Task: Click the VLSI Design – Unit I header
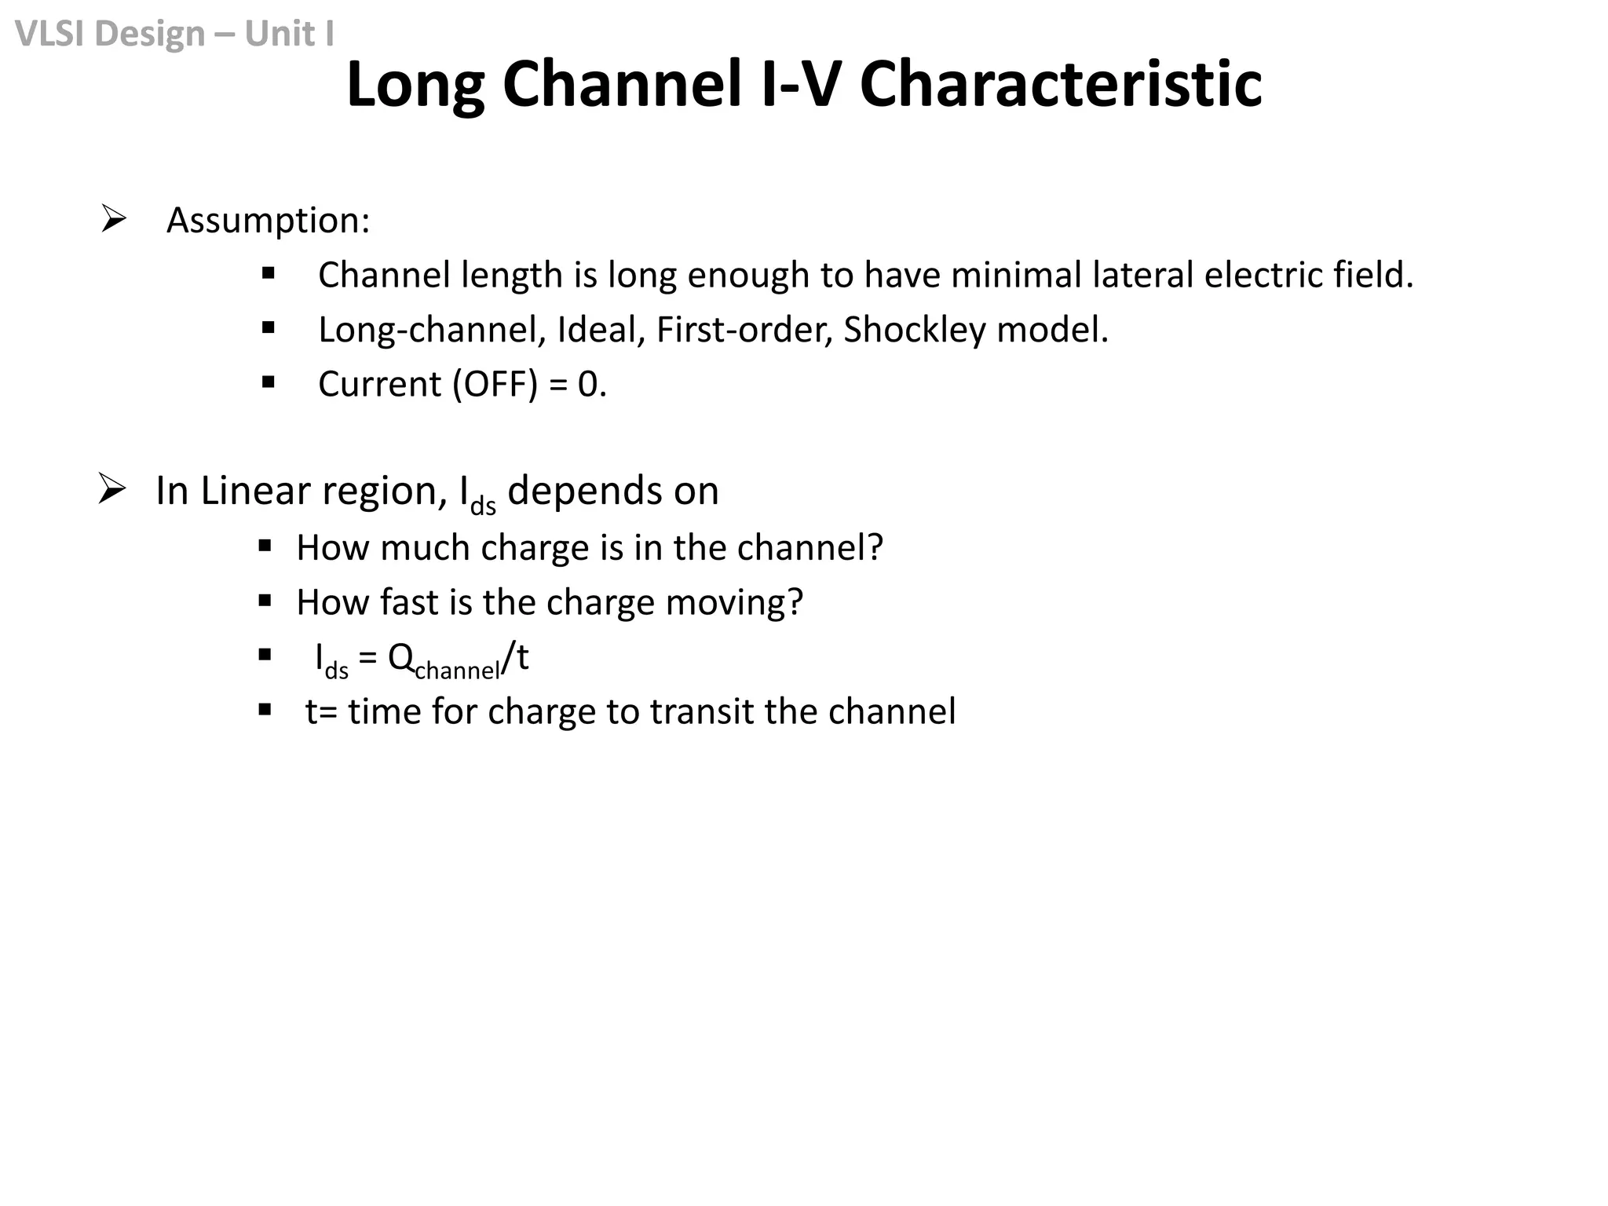174,33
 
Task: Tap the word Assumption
267,220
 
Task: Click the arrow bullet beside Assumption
114,219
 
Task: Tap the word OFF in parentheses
495,385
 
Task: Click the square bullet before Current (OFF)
269,383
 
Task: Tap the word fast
409,602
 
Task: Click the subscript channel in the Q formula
457,671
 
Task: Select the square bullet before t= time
265,711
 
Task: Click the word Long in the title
415,85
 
